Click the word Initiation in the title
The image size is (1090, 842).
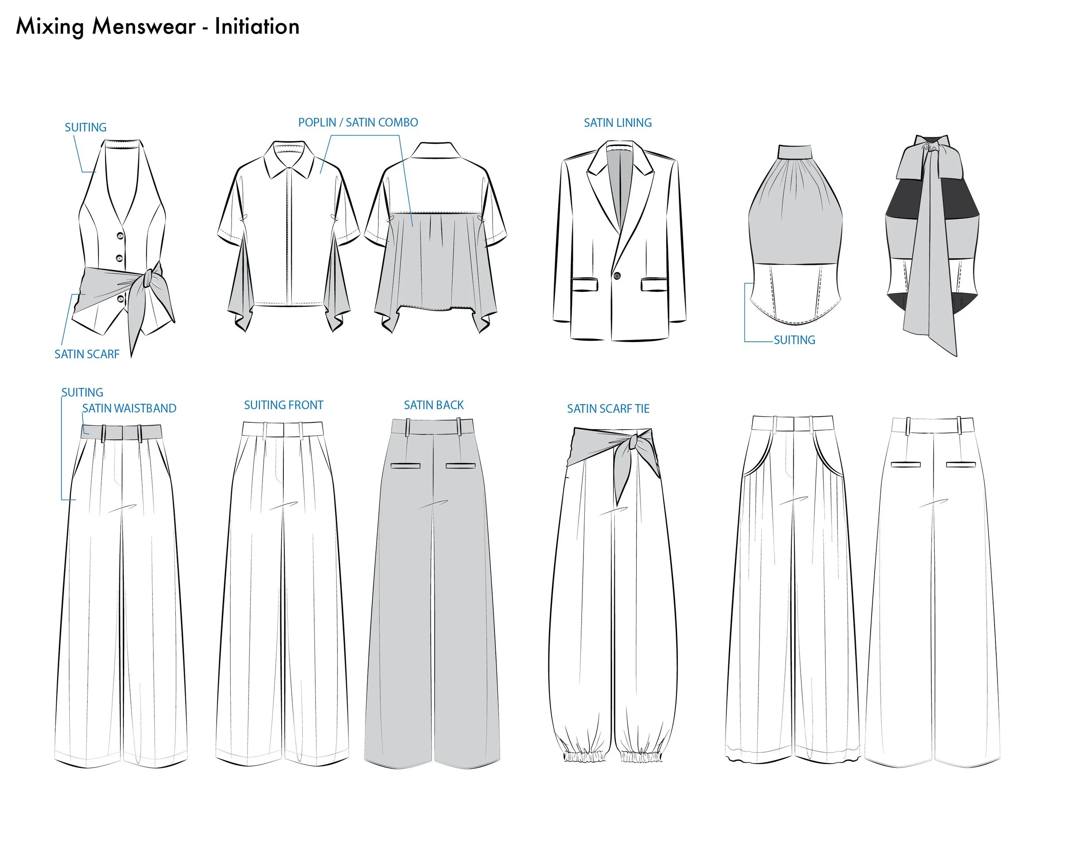(x=257, y=27)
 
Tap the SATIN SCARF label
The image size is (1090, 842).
(x=87, y=354)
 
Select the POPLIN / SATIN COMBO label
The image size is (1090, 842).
(x=358, y=122)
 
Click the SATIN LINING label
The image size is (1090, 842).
(x=618, y=123)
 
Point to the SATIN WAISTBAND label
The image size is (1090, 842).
(x=129, y=408)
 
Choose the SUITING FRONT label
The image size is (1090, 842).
(x=283, y=405)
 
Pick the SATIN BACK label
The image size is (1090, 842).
(x=434, y=405)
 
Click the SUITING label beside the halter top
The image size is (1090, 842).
(x=794, y=340)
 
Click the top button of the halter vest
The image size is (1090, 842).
(x=120, y=236)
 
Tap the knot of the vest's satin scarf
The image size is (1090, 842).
(x=148, y=278)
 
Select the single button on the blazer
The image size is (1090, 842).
(x=617, y=276)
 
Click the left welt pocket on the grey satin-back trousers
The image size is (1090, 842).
(x=405, y=466)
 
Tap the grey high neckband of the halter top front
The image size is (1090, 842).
(x=796, y=151)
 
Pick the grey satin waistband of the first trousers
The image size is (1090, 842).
(x=121, y=432)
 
